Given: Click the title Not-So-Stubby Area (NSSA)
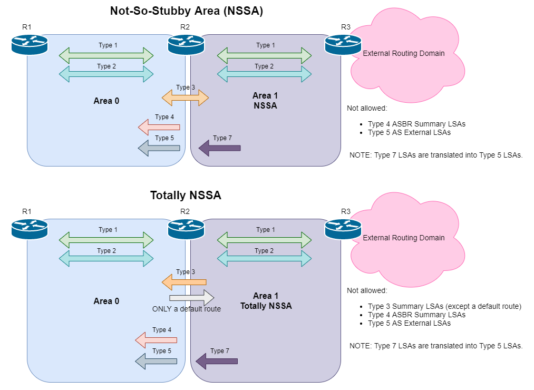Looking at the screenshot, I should pyautogui.click(x=186, y=11).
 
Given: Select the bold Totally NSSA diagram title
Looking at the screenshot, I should pyautogui.click(x=185, y=196).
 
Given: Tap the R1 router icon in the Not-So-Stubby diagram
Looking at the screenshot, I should pyautogui.click(x=30, y=44).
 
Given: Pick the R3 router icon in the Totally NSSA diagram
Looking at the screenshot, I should pyautogui.click(x=343, y=229).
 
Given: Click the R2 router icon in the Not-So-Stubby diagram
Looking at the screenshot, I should pyautogui.click(x=186, y=44).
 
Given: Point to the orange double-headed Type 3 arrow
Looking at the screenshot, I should pyautogui.click(x=185, y=97).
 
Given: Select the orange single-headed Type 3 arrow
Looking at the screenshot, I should pyautogui.click(x=183, y=282).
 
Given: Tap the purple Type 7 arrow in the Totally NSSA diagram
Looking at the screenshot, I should pyautogui.click(x=217, y=361).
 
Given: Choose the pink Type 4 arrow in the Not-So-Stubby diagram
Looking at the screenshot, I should pyautogui.click(x=159, y=127).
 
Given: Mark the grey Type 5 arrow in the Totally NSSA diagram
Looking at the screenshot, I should pyautogui.click(x=156, y=361).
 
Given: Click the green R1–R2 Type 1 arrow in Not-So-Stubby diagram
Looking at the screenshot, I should pyautogui.click(x=106, y=55).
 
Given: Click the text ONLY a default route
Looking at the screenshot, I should pyautogui.click(x=187, y=309).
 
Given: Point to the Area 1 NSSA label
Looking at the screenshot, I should pyautogui.click(x=265, y=100).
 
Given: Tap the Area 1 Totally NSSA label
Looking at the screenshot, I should pyautogui.click(x=266, y=300).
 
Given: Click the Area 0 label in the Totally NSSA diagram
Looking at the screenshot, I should pyautogui.click(x=106, y=301).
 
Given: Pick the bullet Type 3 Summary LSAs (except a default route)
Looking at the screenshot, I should pyautogui.click(x=444, y=306).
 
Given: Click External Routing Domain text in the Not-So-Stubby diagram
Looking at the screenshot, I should pyautogui.click(x=404, y=53).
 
